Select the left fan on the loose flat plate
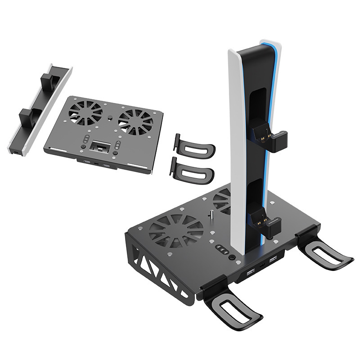point(86,112)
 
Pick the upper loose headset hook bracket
point(193,146)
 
